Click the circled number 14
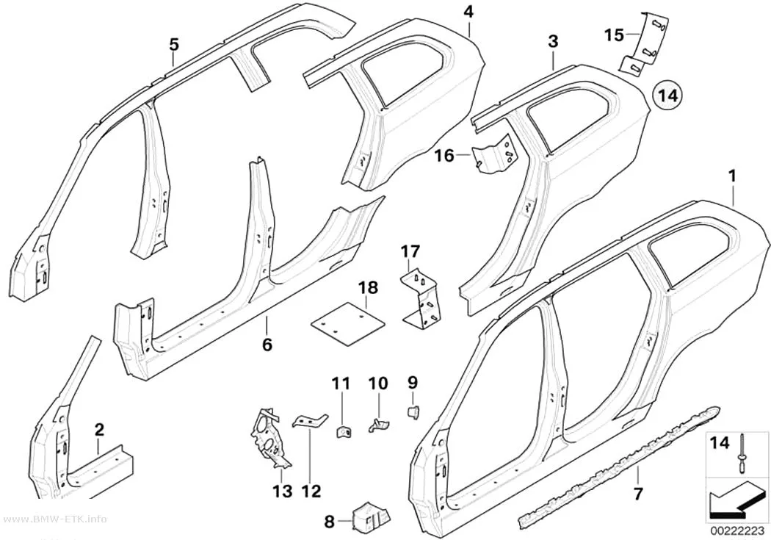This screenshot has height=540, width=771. pos(668,96)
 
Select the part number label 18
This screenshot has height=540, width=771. pos(369,288)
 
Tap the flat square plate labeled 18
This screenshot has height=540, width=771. pos(349,323)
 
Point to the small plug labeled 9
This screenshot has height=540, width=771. pos(413,411)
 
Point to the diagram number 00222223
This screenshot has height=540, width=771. pos(735,531)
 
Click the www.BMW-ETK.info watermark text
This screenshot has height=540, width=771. pos(53,519)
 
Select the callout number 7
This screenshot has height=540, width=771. pos(638,493)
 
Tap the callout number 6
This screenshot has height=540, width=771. pos(267,345)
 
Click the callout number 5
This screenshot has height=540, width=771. pos(173,45)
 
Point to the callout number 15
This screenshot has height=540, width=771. pos(614,35)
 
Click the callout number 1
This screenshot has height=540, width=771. pos(733,176)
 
